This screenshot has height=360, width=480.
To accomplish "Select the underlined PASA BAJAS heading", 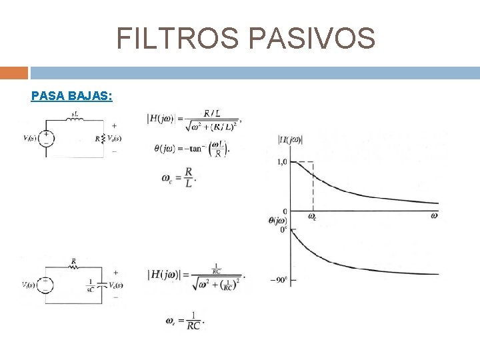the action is tap(71, 96).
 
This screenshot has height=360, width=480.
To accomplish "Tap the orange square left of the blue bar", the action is tap(14, 72).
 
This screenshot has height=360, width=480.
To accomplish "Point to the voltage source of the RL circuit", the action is tap(45, 138).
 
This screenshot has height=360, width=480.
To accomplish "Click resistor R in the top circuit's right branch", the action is tap(100, 139).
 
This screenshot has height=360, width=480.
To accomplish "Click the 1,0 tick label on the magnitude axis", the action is tap(281, 162).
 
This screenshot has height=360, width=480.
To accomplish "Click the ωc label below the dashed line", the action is tap(312, 216).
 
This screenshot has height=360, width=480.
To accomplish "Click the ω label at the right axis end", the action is tap(434, 215).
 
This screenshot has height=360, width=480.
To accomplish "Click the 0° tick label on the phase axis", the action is tap(283, 229).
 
